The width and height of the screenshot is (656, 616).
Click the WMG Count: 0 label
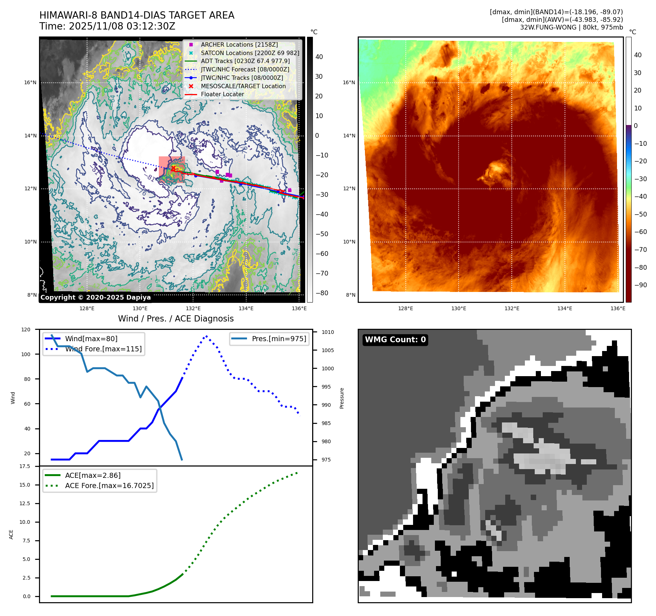click(x=395, y=340)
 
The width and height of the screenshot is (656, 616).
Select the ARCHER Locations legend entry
click(x=239, y=44)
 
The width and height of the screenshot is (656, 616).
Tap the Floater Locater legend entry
click(x=222, y=94)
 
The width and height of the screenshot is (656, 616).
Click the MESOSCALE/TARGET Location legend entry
click(x=243, y=86)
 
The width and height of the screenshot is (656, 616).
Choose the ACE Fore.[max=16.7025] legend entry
click(x=109, y=486)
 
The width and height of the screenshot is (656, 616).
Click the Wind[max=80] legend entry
click(x=91, y=339)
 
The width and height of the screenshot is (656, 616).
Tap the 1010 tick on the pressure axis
click(x=327, y=332)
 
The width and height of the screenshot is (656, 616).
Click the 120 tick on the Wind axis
click(x=26, y=330)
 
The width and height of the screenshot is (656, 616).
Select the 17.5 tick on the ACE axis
click(x=25, y=466)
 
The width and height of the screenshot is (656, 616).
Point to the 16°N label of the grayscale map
click(x=30, y=82)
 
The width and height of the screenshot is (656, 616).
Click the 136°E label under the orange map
click(x=618, y=308)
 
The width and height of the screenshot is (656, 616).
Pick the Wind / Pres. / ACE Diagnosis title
click(x=176, y=319)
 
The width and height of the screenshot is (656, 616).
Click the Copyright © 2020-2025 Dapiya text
click(x=95, y=297)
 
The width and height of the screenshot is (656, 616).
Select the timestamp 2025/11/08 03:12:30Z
click(x=122, y=26)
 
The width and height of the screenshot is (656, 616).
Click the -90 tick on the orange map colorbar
click(x=640, y=285)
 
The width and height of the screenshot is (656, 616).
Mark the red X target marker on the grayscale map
click(x=173, y=168)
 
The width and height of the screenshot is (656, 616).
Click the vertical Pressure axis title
click(x=342, y=398)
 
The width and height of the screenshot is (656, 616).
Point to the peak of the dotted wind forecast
click(x=207, y=336)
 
